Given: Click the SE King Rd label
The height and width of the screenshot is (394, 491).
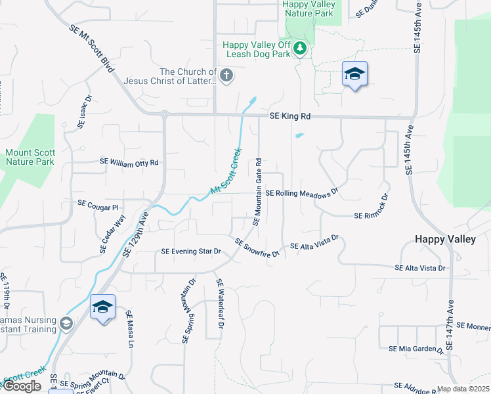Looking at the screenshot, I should point(289,117).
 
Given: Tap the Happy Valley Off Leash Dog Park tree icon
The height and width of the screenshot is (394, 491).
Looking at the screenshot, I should point(300,47).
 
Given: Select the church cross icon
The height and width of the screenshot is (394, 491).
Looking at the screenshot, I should point(226,75).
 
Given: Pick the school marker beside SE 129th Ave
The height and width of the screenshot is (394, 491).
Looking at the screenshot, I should point(102,307).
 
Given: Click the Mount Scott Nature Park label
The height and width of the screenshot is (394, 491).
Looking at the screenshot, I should point(30,157).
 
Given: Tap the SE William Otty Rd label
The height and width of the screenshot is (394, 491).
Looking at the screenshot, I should point(129,162).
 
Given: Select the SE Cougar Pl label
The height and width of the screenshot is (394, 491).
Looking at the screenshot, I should point(98,204).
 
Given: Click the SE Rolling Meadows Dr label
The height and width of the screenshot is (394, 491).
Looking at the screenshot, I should point(301,193).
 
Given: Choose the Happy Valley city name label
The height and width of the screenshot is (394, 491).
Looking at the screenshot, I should point(446,240).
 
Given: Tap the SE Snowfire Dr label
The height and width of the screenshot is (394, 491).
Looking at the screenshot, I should point(257,248).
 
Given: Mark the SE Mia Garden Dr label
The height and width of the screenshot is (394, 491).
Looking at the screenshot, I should point(416,349).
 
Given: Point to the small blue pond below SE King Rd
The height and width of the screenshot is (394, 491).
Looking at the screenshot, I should point(299,136).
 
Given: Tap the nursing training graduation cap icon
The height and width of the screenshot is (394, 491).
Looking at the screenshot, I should point(65,322).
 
